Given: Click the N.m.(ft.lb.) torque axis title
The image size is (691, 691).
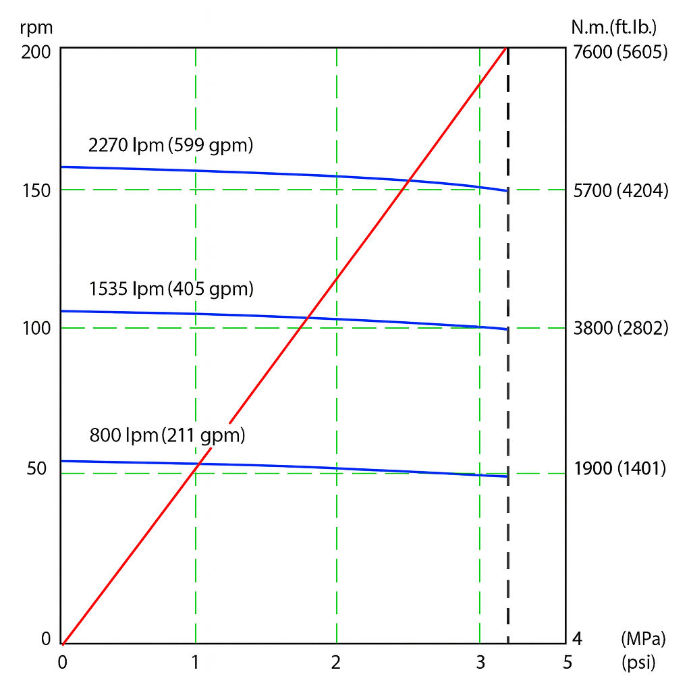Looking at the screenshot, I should [614, 28].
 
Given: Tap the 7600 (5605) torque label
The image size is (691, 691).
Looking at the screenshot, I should [619, 52].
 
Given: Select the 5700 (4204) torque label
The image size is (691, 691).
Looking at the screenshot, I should [620, 191].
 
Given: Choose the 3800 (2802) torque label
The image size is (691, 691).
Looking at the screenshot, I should [619, 329].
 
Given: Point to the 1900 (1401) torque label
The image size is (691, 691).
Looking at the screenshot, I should [619, 468].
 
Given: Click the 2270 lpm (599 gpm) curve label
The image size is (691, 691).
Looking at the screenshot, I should [171, 144].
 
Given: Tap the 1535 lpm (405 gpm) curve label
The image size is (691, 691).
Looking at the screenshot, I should [171, 289].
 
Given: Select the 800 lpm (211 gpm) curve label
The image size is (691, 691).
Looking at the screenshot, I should [167, 435].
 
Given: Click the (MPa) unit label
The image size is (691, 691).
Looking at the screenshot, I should [642, 638].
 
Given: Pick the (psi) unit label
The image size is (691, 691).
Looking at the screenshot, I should [638, 663].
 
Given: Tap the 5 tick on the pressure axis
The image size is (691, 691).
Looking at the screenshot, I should [567, 663].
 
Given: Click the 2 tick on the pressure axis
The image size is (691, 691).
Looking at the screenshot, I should [336, 663].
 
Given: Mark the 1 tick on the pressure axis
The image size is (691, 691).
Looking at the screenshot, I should [196, 663].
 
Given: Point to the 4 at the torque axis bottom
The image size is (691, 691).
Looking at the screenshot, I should [577, 638].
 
